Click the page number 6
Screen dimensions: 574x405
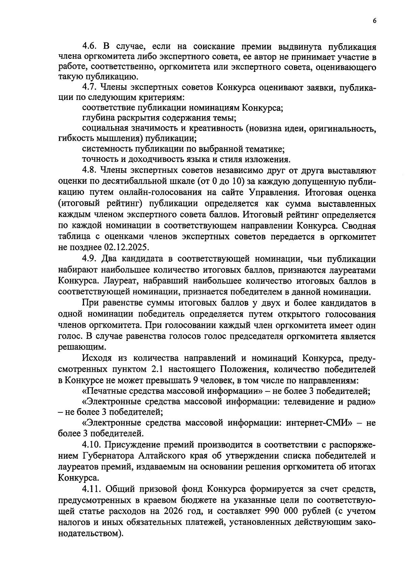375,21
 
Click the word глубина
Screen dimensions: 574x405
98,118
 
